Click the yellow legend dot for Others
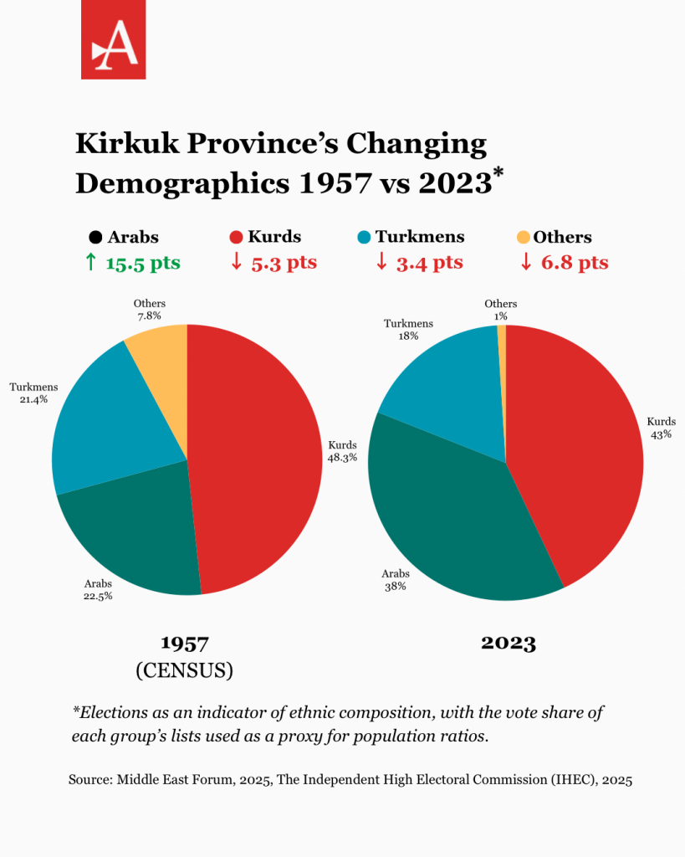(x=524, y=237)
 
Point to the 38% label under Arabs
(x=395, y=587)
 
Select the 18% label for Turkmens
(x=409, y=336)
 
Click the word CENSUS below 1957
(x=184, y=670)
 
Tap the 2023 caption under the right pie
(x=508, y=644)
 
